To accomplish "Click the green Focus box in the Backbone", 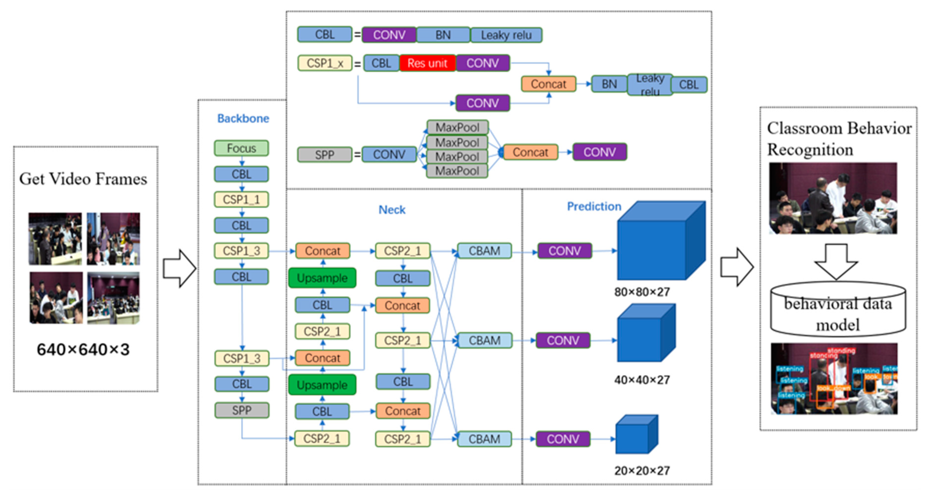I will tap(241, 148).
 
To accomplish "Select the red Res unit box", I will tap(427, 63).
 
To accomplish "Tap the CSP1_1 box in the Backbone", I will tap(241, 199).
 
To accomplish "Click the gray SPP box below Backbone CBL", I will tap(242, 410).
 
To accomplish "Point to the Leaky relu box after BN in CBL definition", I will tap(506, 35).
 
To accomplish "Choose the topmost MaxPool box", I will tap(457, 127).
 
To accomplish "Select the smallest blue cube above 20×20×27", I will tap(635, 437).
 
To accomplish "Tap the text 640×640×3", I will tap(83, 349).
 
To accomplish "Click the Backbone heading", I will tap(243, 118).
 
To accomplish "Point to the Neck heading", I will tap(392, 210).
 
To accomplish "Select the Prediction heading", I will tap(594, 207).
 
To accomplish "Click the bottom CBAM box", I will tap(484, 439).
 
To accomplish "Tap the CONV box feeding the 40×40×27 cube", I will tap(563, 340).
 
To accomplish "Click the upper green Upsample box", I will tap(322, 278).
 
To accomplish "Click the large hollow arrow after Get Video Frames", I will tap(179, 269).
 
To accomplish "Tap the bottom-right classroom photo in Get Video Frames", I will tap(113, 298).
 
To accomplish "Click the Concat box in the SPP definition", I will tap(530, 152).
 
